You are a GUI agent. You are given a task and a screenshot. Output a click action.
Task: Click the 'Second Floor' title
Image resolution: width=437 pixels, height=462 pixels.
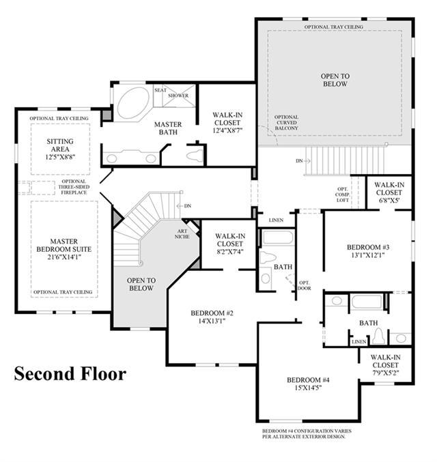70,373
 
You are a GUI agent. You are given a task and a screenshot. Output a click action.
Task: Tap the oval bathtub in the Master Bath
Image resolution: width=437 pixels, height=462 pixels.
133,103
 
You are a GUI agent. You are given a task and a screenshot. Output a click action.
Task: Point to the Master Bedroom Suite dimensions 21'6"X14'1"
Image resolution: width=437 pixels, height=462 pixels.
64,257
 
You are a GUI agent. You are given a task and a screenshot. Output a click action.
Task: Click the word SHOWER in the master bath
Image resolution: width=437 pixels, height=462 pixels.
178,96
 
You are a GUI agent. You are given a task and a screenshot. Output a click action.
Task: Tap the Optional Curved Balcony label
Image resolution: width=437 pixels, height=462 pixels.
287,123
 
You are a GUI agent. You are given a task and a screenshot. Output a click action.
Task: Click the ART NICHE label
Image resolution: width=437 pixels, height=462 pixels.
182,234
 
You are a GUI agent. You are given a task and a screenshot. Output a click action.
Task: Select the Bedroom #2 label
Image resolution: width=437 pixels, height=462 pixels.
212,313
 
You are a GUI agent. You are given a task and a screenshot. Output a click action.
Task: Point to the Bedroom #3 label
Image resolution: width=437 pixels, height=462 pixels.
368,247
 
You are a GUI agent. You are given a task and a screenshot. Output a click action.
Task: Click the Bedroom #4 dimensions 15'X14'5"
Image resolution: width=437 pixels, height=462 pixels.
308,388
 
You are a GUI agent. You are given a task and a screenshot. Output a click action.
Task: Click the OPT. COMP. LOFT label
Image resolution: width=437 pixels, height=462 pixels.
342,194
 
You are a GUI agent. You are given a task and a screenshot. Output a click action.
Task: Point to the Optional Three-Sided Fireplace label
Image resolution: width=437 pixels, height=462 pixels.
74,187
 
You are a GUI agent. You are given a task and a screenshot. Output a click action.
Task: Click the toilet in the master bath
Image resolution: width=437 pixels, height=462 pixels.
195,156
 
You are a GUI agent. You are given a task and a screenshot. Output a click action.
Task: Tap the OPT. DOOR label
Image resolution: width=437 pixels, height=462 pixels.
305,285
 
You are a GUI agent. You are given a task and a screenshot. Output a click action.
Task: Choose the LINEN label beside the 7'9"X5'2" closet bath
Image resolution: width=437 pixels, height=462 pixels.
359,342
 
